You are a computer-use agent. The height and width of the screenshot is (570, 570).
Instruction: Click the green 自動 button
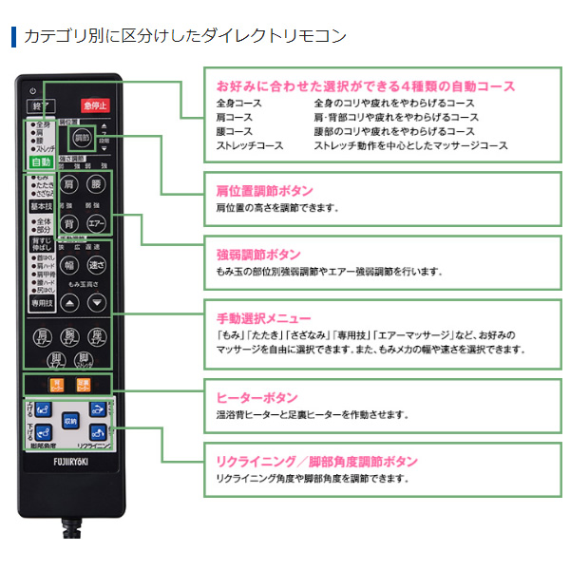click(x=41, y=162)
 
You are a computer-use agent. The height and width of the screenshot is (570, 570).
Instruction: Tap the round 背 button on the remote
click(x=69, y=222)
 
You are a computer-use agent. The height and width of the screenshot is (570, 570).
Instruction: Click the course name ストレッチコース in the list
click(x=249, y=145)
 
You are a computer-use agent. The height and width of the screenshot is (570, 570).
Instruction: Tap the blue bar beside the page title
click(x=13, y=37)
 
